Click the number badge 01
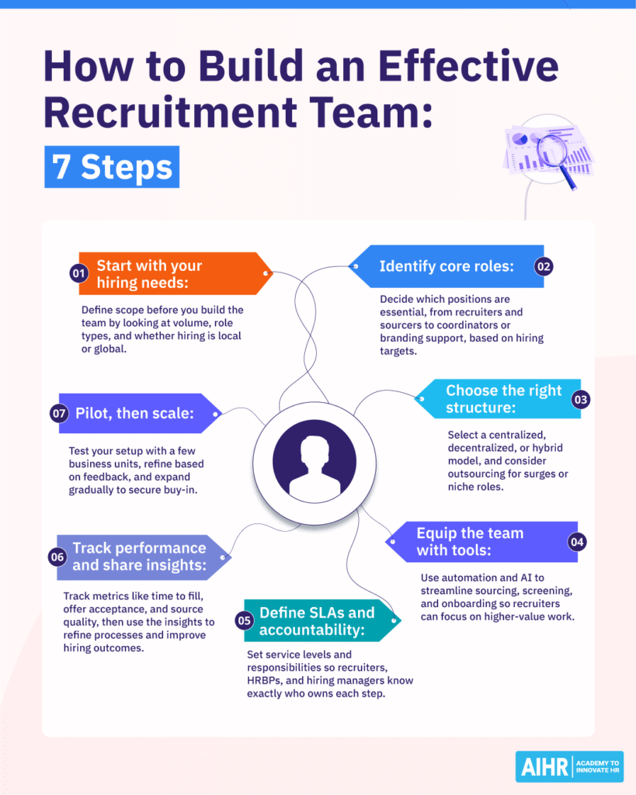(78, 273)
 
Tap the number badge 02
(544, 266)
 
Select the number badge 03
(580, 400)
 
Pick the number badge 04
(576, 542)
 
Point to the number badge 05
(245, 620)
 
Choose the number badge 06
(57, 557)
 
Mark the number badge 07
(59, 413)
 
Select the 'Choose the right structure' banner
(502, 399)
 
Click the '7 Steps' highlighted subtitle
(112, 167)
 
